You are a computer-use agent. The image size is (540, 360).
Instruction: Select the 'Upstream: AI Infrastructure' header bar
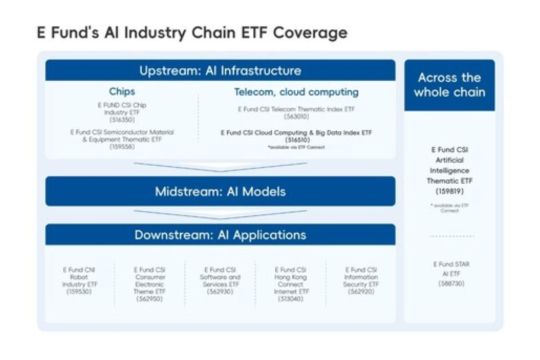220,71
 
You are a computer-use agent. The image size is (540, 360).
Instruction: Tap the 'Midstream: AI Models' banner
220,191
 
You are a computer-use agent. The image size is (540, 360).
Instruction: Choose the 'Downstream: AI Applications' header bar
220,235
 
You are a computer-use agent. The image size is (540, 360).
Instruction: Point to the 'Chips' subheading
123,91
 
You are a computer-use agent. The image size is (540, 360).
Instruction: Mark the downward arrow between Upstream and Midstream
220,166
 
